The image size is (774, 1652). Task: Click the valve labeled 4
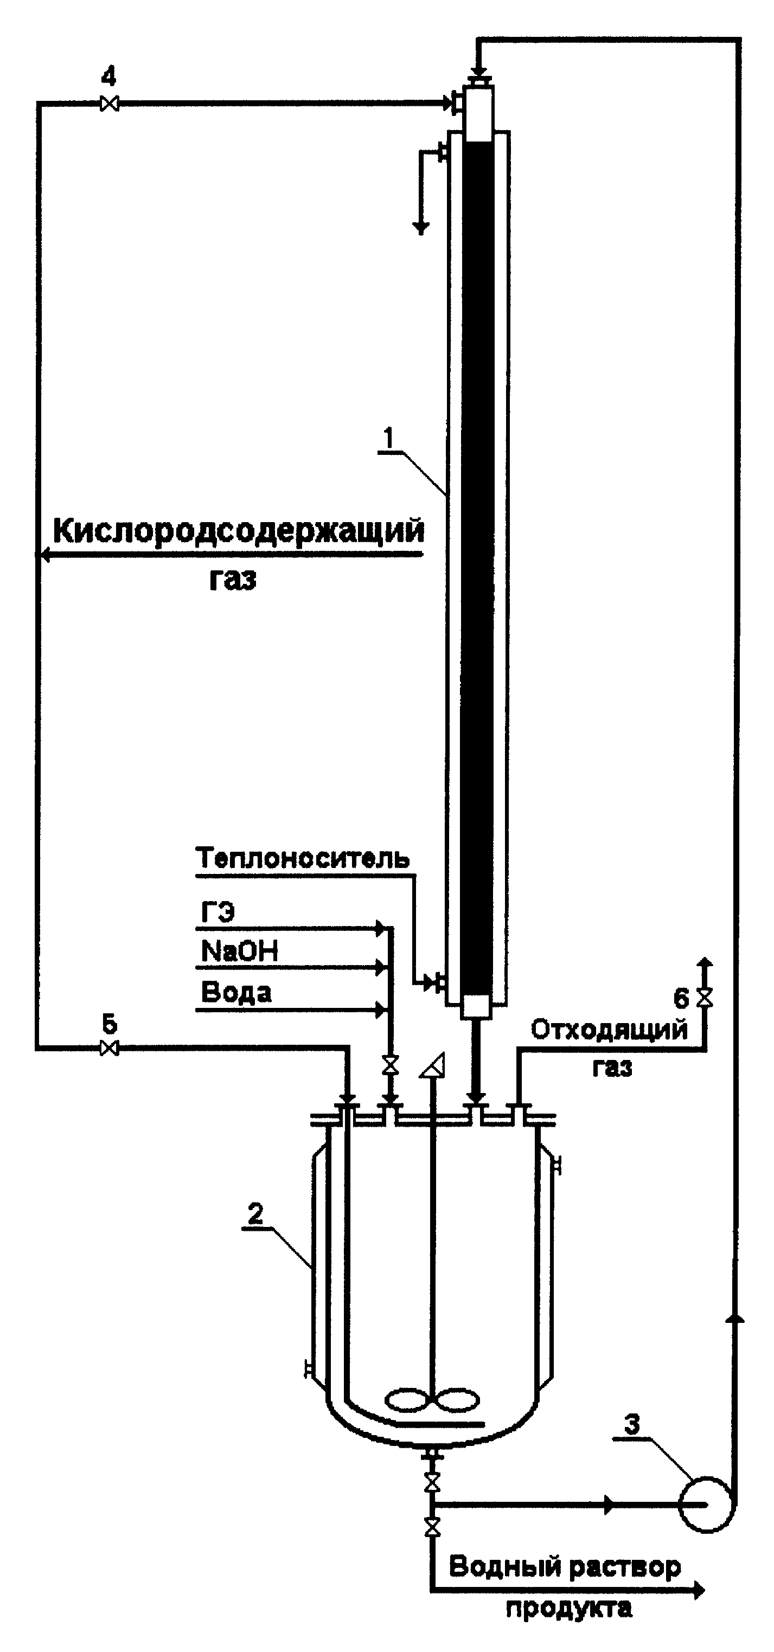coord(110,103)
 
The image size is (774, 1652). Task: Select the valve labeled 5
coord(110,1048)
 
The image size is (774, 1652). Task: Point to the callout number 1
coord(388,438)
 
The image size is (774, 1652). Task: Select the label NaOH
coord(239,951)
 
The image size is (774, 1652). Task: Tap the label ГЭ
coord(218,911)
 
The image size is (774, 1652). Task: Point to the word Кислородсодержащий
coord(238,531)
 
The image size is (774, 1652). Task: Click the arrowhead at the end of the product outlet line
coord(698,1590)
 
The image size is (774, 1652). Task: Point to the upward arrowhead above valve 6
coord(705,962)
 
